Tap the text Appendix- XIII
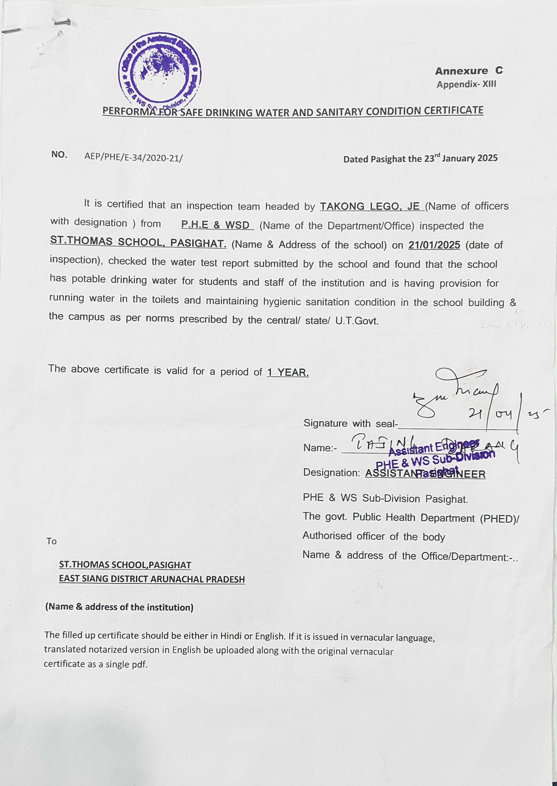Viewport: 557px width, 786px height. (x=466, y=84)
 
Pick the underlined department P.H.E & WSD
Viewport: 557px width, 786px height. (x=215, y=225)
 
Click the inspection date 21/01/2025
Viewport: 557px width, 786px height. (x=434, y=245)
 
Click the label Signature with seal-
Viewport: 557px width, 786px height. (x=350, y=423)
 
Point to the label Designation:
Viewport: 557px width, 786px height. (x=331, y=473)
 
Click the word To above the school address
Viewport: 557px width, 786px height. (x=51, y=541)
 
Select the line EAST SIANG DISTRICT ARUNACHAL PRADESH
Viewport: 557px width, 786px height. (x=152, y=579)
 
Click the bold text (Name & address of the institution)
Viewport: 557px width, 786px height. (x=119, y=607)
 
